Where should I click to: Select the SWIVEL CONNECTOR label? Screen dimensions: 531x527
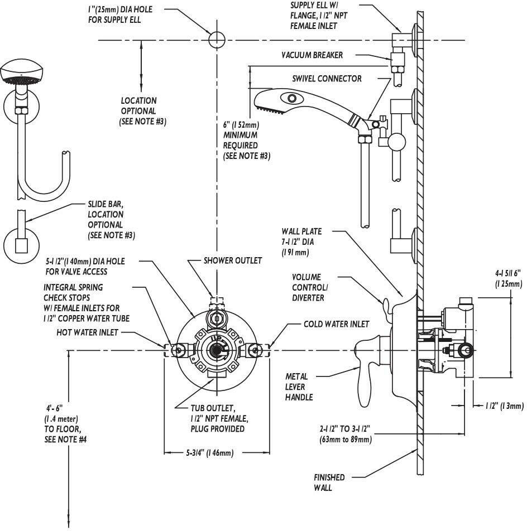click(327, 79)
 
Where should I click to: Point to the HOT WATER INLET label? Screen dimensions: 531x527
click(87, 332)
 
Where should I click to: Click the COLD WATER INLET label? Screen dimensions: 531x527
click(336, 324)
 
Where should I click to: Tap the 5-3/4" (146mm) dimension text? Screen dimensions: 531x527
click(209, 453)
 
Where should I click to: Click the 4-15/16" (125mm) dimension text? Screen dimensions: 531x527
click(508, 279)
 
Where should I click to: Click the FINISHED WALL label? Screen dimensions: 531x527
click(329, 482)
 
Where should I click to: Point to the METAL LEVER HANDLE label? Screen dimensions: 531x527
click(299, 387)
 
